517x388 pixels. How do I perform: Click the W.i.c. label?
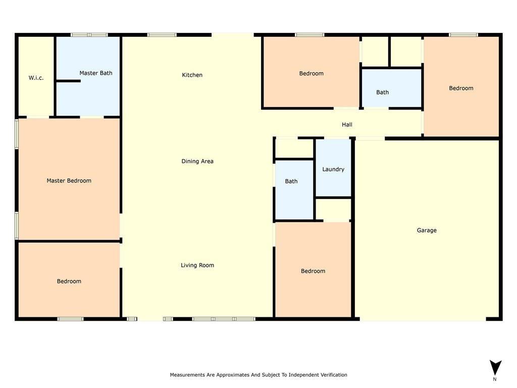(x=36, y=78)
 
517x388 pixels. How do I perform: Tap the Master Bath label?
(x=96, y=73)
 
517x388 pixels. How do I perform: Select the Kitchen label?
(x=192, y=75)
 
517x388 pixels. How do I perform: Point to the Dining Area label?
(x=197, y=162)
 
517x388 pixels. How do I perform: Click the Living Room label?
(x=197, y=265)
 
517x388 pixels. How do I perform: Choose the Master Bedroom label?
(x=69, y=181)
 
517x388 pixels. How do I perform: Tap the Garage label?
(x=427, y=230)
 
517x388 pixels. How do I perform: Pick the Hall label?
(x=347, y=125)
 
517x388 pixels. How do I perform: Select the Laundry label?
(x=333, y=169)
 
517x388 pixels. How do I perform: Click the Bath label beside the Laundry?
(x=291, y=181)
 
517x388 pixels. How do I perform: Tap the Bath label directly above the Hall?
(x=383, y=92)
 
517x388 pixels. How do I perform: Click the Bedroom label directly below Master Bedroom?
(x=69, y=281)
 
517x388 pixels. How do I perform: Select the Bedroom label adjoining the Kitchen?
(x=311, y=74)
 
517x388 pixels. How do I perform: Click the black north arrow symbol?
(x=495, y=367)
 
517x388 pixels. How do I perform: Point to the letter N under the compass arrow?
(x=495, y=379)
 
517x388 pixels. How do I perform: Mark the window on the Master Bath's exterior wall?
(x=89, y=35)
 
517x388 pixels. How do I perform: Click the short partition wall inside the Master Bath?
(x=68, y=81)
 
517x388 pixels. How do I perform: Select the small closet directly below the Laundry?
(x=333, y=210)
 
